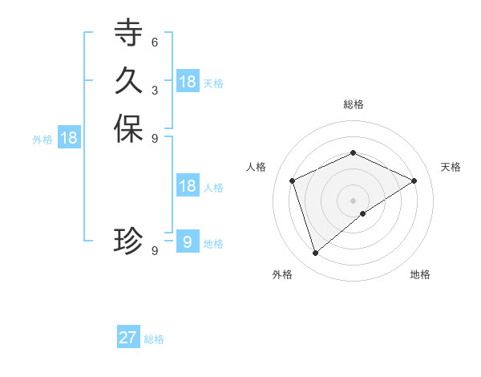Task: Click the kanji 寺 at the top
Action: pos(128,34)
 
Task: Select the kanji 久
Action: pos(128,81)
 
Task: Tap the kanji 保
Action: pos(128,129)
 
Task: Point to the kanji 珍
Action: pos(128,241)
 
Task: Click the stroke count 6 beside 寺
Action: pos(154,42)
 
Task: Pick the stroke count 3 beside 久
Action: pos(154,89)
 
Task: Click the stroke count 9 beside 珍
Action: pos(154,250)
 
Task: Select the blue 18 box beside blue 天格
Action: pos(188,81)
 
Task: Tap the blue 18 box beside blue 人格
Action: pos(188,186)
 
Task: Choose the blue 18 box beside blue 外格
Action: pos(69,138)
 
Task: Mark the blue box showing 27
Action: pos(128,338)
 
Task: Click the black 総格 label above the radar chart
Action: pos(354,104)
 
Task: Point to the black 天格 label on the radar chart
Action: pos(451,167)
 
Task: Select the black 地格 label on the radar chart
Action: pos(420,274)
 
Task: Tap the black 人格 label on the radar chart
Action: pos(257,167)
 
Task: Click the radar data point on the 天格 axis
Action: pos(414,180)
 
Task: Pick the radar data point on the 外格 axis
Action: pos(316,253)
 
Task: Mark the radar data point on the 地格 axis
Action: pos(363,213)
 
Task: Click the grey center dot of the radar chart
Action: pos(354,201)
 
